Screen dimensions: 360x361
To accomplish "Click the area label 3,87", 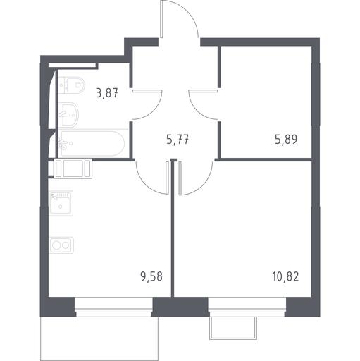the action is pos(106,92).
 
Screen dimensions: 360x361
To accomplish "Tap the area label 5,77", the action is pos(178,140).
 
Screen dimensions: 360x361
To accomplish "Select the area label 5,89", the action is pos(286,140).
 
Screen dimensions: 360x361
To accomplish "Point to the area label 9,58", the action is pos(151,276).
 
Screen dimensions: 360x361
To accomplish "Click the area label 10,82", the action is pos(285,276).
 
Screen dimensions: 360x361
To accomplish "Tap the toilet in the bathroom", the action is pos(71,85).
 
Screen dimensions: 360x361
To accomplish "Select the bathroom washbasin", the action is pos(68,115).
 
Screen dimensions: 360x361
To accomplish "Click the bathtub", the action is pos(93,143).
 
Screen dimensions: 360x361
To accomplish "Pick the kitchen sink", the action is pos(61,203).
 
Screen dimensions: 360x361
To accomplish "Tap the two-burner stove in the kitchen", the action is pos(61,245).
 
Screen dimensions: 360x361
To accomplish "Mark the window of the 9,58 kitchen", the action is pos(113,307).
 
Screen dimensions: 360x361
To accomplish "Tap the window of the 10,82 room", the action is pos(247,307).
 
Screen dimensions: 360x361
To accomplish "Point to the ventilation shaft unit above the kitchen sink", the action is pos(73,169).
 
